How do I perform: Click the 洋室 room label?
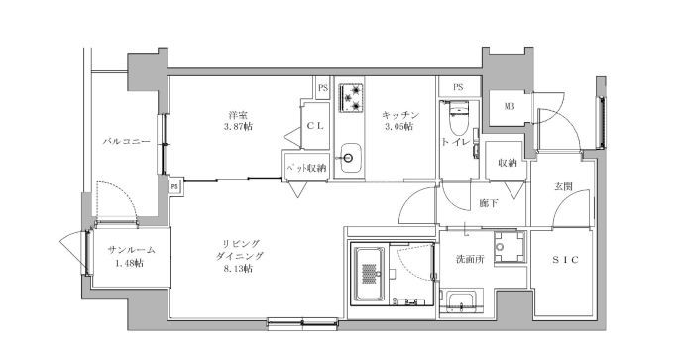(x=238, y=115)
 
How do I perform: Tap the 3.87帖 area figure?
(x=238, y=127)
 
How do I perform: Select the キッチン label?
(x=400, y=115)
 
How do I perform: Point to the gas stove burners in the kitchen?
(x=351, y=97)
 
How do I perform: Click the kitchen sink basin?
(x=351, y=158)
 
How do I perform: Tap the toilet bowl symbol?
(x=457, y=119)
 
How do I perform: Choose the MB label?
(x=510, y=106)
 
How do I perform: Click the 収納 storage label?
(x=508, y=163)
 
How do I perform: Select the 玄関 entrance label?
(x=563, y=186)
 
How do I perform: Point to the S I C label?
(x=565, y=260)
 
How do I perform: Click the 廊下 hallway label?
(x=489, y=203)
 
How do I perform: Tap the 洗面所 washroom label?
(x=470, y=259)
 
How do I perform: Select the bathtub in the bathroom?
(x=370, y=274)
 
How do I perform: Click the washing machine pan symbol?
(x=509, y=247)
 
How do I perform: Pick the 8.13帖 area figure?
(x=238, y=269)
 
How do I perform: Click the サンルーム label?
(x=131, y=250)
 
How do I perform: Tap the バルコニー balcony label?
(x=126, y=141)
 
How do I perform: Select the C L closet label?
(x=315, y=126)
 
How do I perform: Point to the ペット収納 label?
(x=305, y=168)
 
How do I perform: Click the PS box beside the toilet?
(x=459, y=87)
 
